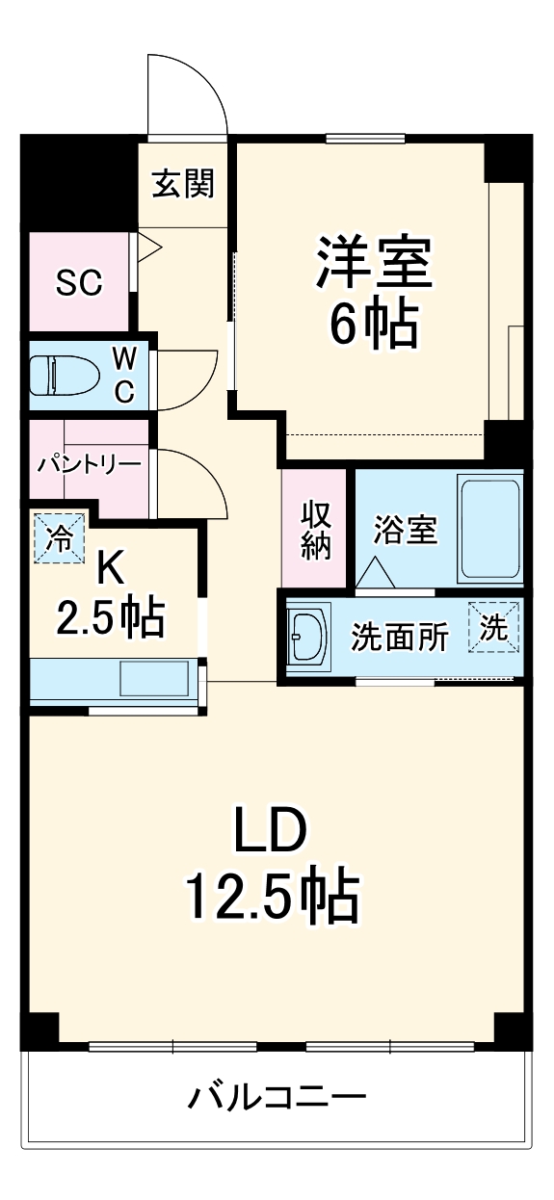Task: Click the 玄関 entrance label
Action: click(x=182, y=183)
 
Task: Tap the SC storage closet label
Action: click(x=79, y=282)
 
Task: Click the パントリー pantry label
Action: click(x=89, y=464)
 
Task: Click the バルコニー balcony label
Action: click(x=277, y=1097)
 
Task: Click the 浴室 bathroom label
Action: click(x=406, y=530)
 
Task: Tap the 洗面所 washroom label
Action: click(x=399, y=638)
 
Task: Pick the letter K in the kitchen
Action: click(x=110, y=570)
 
